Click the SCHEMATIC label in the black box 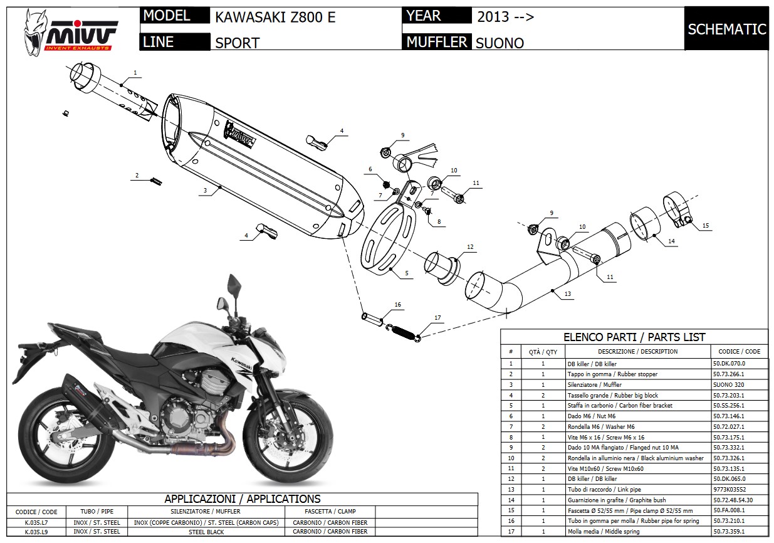coord(726,29)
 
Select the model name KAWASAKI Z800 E coord(275,17)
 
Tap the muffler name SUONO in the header coord(499,43)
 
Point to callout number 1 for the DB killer coord(135,73)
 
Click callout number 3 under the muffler coord(204,189)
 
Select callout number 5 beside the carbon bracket coord(406,273)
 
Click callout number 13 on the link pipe coord(567,294)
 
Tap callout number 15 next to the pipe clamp coord(705,226)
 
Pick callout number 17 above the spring coord(437,317)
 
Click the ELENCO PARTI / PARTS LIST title coord(634,337)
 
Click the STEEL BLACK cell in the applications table coord(206,532)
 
